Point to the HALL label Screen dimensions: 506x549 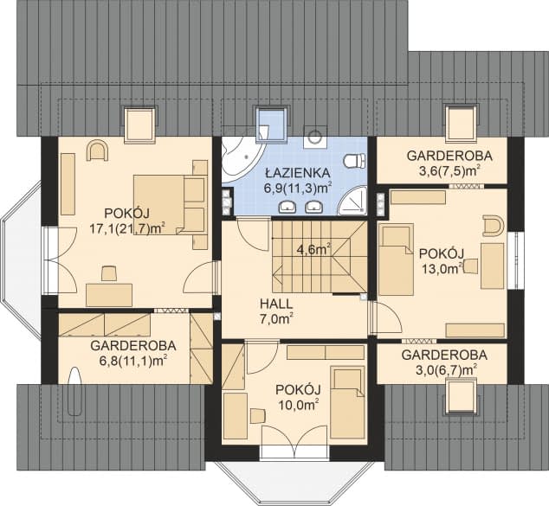point(275,304)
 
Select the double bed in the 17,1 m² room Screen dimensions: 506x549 point(169,203)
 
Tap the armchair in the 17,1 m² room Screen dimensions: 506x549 point(97,152)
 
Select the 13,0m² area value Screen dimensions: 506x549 point(438,268)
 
